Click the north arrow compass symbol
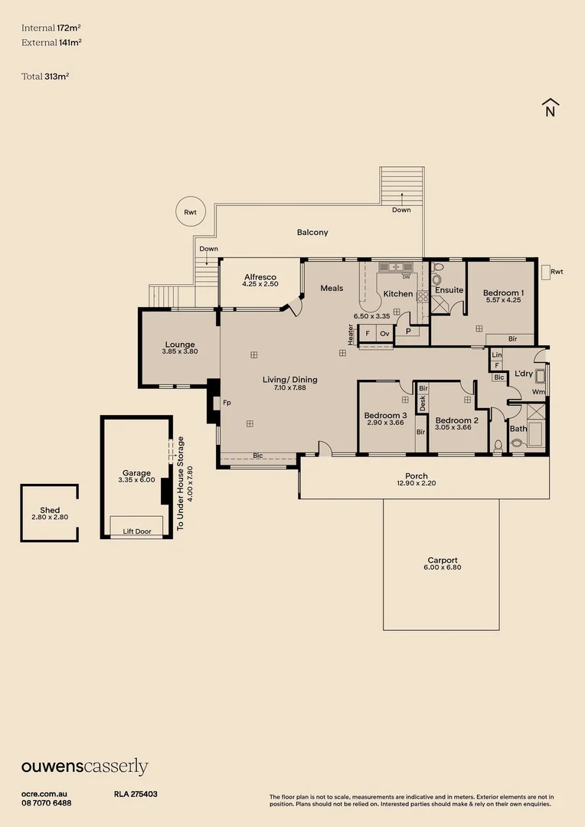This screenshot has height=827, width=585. (x=550, y=108)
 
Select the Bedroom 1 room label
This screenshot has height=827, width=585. (x=503, y=293)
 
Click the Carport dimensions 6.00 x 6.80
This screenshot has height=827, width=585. (x=444, y=567)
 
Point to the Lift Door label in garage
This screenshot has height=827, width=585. (x=137, y=531)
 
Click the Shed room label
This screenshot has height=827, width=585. (x=50, y=510)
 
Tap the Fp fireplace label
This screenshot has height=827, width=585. (x=227, y=402)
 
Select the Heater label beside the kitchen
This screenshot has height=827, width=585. (x=351, y=335)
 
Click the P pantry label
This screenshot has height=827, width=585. (x=408, y=331)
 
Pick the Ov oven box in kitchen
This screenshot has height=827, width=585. (x=384, y=334)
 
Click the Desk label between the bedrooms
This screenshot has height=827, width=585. (x=422, y=402)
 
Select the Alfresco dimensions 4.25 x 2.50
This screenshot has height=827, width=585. (x=260, y=284)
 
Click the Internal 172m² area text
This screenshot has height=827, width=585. (x=51, y=28)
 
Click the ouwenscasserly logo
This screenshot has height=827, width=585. (x=84, y=767)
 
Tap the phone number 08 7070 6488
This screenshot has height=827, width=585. (x=47, y=802)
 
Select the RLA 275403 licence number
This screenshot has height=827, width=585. (x=136, y=794)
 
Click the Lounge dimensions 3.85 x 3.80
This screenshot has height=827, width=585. (x=180, y=351)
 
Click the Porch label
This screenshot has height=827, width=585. (x=417, y=476)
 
